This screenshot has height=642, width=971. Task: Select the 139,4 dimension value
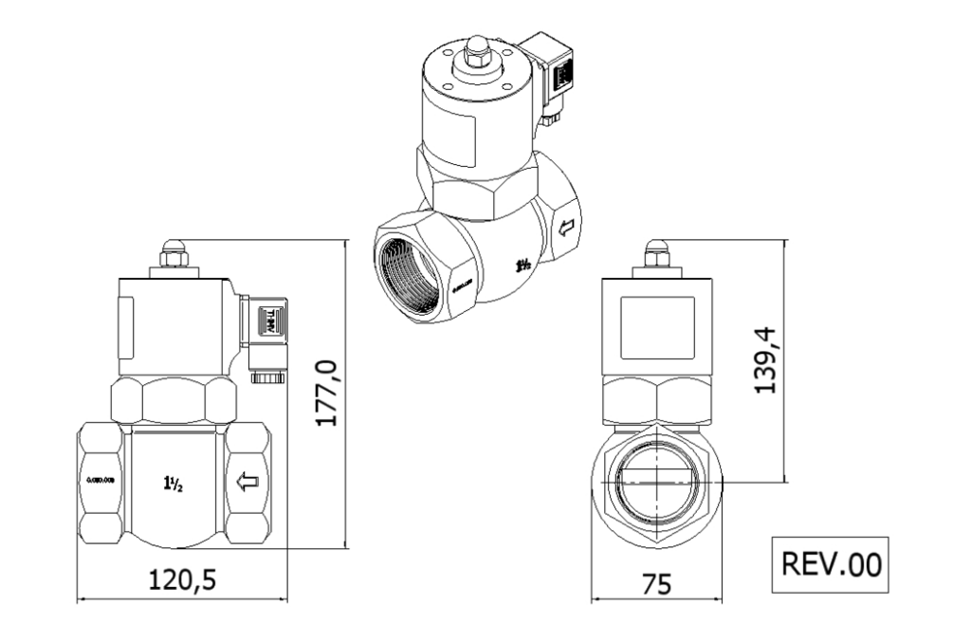click(765, 359)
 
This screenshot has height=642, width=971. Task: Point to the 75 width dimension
click(656, 583)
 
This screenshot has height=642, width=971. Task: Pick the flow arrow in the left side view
click(248, 483)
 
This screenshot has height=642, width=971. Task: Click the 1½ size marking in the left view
click(174, 482)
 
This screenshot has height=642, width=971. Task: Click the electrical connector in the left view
click(268, 325)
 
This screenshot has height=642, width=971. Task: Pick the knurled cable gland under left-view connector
click(268, 377)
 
